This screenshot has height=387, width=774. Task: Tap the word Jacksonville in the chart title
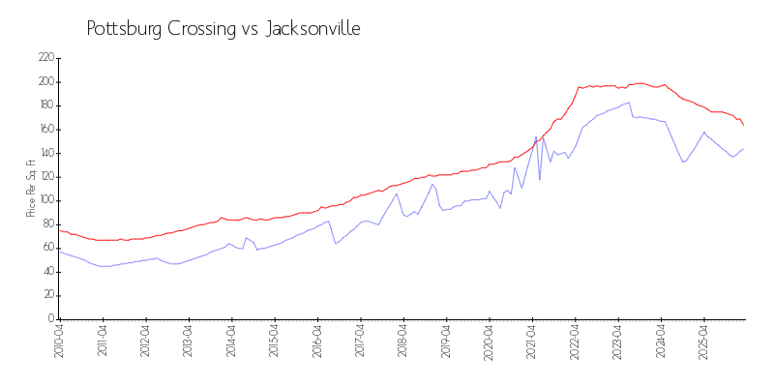(x=313, y=29)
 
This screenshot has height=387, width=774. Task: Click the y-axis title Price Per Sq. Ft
(x=32, y=188)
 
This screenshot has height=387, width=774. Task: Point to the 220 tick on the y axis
(x=45, y=58)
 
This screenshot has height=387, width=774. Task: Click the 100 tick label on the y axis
(x=45, y=200)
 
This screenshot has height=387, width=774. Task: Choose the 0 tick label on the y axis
(x=50, y=318)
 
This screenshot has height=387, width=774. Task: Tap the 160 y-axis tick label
(x=45, y=130)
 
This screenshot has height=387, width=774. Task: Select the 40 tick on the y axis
(x=47, y=271)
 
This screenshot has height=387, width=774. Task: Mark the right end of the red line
(x=744, y=125)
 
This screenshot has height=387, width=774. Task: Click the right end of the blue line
(x=744, y=148)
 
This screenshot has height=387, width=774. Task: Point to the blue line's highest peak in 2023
(x=630, y=102)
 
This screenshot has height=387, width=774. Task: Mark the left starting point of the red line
(x=59, y=229)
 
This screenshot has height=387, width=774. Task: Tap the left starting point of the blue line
(x=59, y=251)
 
